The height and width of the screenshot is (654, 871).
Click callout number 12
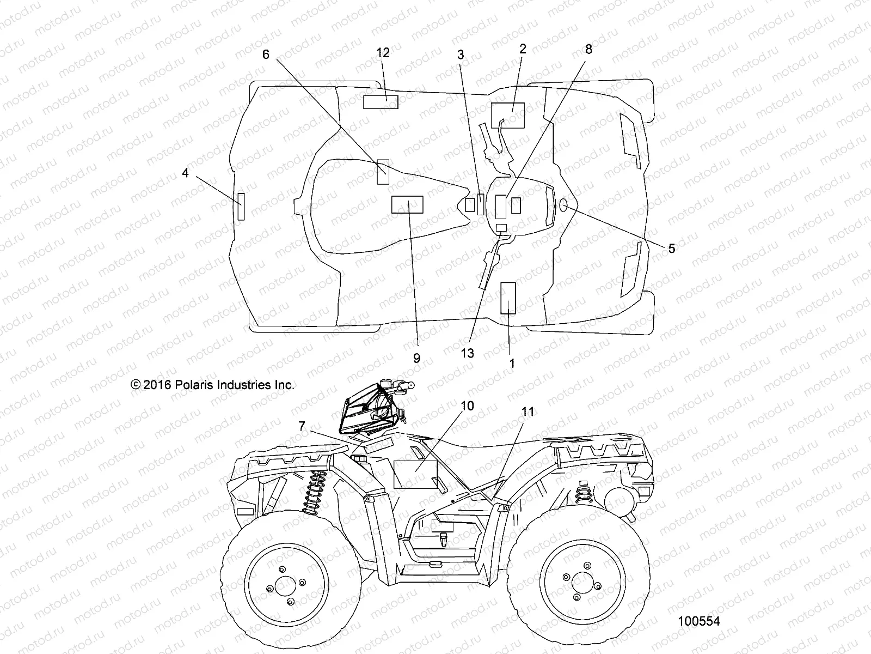click(383, 53)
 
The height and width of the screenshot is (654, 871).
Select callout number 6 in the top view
click(266, 54)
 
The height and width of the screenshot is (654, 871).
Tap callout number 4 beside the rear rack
click(186, 173)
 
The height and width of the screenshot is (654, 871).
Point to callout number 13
click(467, 353)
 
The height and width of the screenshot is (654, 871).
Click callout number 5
click(671, 249)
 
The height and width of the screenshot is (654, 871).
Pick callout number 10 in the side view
click(467, 406)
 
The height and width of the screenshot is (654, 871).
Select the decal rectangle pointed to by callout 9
click(407, 204)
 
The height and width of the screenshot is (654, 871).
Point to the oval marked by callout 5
click(563, 205)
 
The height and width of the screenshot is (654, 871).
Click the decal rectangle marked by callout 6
click(383, 171)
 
